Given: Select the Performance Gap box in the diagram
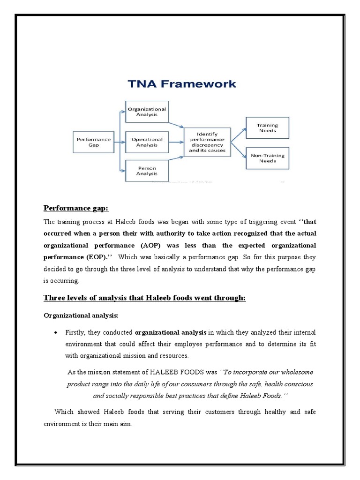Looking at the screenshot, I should (x=94, y=142).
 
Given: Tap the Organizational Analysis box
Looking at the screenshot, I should (x=147, y=111).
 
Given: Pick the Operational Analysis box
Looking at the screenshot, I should (x=147, y=142).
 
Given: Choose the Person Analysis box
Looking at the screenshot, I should (x=147, y=170).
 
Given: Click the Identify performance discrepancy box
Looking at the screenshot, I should (x=207, y=142).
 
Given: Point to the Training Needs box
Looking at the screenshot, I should (x=268, y=128).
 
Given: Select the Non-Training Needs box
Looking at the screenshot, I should (x=268, y=158).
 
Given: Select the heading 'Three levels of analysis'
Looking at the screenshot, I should (x=144, y=298).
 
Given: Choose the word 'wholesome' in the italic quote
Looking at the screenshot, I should (x=294, y=372).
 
